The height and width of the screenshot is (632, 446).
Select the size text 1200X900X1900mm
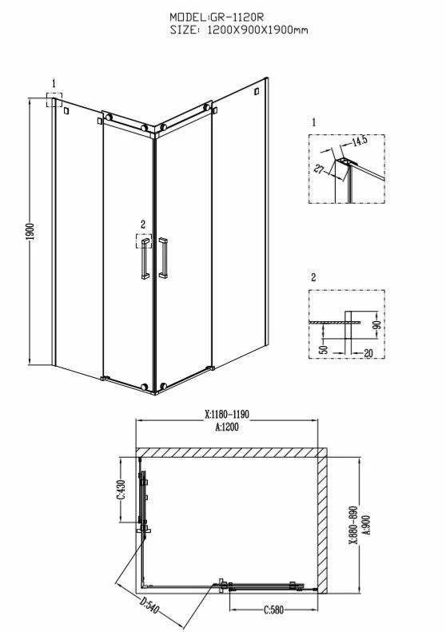pyautogui.click(x=257, y=30)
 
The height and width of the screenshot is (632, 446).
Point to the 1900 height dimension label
pyautogui.click(x=30, y=232)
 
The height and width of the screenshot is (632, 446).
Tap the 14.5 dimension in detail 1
pyautogui.click(x=359, y=141)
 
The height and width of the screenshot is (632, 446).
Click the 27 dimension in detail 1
pyautogui.click(x=319, y=169)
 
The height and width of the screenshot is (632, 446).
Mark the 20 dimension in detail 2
pyautogui.click(x=368, y=353)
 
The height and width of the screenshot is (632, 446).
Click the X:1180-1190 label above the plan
pyautogui.click(x=227, y=414)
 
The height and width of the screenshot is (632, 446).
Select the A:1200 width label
pyautogui.click(x=227, y=427)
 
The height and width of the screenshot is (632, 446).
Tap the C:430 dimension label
pyautogui.click(x=121, y=489)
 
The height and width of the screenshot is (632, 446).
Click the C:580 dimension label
pyautogui.click(x=274, y=610)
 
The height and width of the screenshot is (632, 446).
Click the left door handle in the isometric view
pyautogui.click(x=145, y=258)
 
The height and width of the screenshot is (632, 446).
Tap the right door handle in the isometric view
pyautogui.click(x=163, y=258)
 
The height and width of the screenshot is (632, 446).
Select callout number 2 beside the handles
pyautogui.click(x=143, y=225)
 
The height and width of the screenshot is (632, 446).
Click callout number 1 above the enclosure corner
pyautogui.click(x=54, y=84)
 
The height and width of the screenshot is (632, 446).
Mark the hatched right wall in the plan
pyautogui.click(x=322, y=525)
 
